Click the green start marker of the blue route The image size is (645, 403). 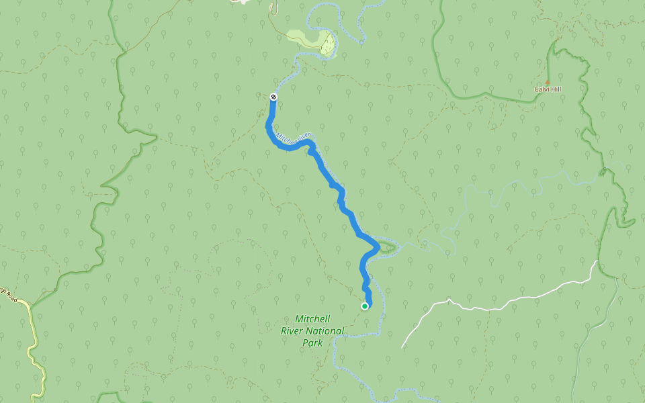click(x=365, y=306)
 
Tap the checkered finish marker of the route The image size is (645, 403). click(x=273, y=97)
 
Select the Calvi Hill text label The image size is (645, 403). click(x=547, y=89)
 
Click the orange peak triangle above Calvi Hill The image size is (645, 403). click(x=548, y=83)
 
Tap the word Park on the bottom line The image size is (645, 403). click(x=312, y=343)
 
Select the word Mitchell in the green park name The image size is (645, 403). click(x=312, y=318)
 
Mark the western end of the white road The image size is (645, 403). click(x=403, y=347)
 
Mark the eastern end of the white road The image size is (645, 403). click(x=596, y=261)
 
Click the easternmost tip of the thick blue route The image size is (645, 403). click(x=379, y=248)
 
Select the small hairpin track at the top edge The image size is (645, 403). click(x=272, y=8)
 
